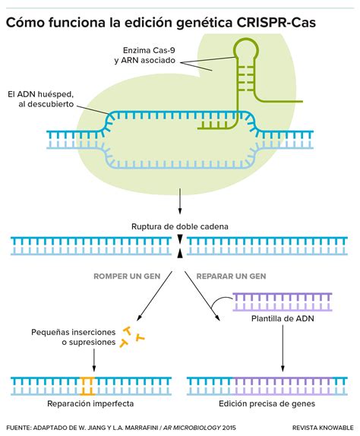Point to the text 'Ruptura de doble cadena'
180,226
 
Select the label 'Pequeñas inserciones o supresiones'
74,337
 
